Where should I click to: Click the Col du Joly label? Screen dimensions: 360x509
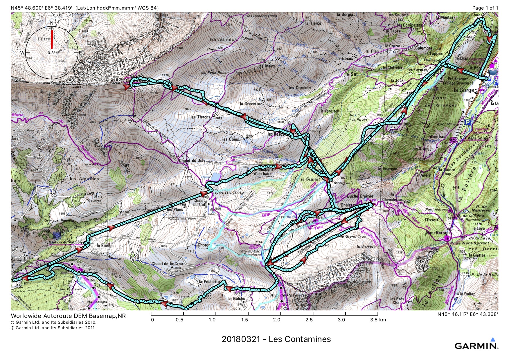229,192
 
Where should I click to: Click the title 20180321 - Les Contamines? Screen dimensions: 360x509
276,339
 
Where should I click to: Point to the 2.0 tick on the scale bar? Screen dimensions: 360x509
277,320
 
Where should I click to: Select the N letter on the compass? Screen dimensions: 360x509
52,23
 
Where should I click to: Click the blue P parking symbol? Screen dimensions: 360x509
467,122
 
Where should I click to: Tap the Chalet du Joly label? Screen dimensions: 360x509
192,160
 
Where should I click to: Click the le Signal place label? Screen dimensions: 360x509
310,179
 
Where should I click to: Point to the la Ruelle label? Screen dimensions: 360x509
104,245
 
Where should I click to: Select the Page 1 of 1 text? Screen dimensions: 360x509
485,8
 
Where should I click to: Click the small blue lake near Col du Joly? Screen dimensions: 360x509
215,177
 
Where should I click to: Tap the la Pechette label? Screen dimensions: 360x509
209,282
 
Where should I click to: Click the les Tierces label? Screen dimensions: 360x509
200,117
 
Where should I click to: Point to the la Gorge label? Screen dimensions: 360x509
464,90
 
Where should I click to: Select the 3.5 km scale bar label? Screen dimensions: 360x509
378,320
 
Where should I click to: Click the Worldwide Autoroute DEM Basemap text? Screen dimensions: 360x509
68,316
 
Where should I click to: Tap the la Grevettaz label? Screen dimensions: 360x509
251,104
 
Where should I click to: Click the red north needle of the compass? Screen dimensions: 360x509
52,39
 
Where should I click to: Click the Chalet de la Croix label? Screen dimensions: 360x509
168,264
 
